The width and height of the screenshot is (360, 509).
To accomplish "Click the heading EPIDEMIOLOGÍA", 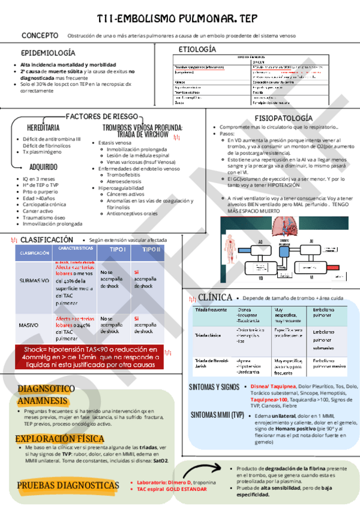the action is pyautogui.click(x=48, y=53).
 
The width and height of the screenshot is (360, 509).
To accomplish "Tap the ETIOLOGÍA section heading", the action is pyautogui.click(x=197, y=49).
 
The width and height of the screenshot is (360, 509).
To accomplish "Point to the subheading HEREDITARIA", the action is pyautogui.click(x=43, y=128).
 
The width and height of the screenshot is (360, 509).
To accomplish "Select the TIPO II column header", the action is pyautogui.click(x=151, y=250).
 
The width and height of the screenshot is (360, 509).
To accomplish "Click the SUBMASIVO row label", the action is pyautogui.click(x=34, y=280).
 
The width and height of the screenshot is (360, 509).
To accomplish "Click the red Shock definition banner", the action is pyautogui.click(x=99, y=357).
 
